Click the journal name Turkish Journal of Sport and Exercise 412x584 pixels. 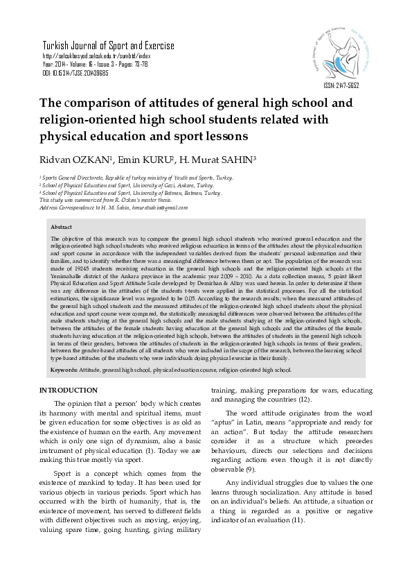[108, 46]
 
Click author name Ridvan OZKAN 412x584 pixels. [73, 161]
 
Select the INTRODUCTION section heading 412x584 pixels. [72, 391]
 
